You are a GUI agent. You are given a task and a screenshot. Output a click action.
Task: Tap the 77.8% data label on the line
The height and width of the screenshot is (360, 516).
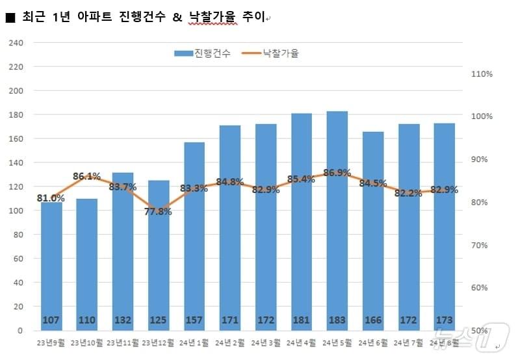(x=159, y=211)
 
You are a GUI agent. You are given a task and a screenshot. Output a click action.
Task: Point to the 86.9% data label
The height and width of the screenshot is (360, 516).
(x=337, y=173)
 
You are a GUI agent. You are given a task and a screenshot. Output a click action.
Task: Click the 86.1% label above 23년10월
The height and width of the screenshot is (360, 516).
(x=86, y=176)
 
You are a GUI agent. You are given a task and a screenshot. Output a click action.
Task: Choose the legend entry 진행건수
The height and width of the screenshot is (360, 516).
(x=202, y=54)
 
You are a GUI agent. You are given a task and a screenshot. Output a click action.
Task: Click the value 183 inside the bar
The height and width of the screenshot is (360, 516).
(x=337, y=320)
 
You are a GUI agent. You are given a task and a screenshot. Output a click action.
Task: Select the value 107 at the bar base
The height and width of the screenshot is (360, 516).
(x=51, y=320)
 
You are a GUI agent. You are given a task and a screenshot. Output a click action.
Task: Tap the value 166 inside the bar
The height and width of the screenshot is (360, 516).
(x=373, y=320)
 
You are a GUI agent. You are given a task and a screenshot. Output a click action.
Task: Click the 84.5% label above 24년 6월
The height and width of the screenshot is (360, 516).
(x=373, y=184)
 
